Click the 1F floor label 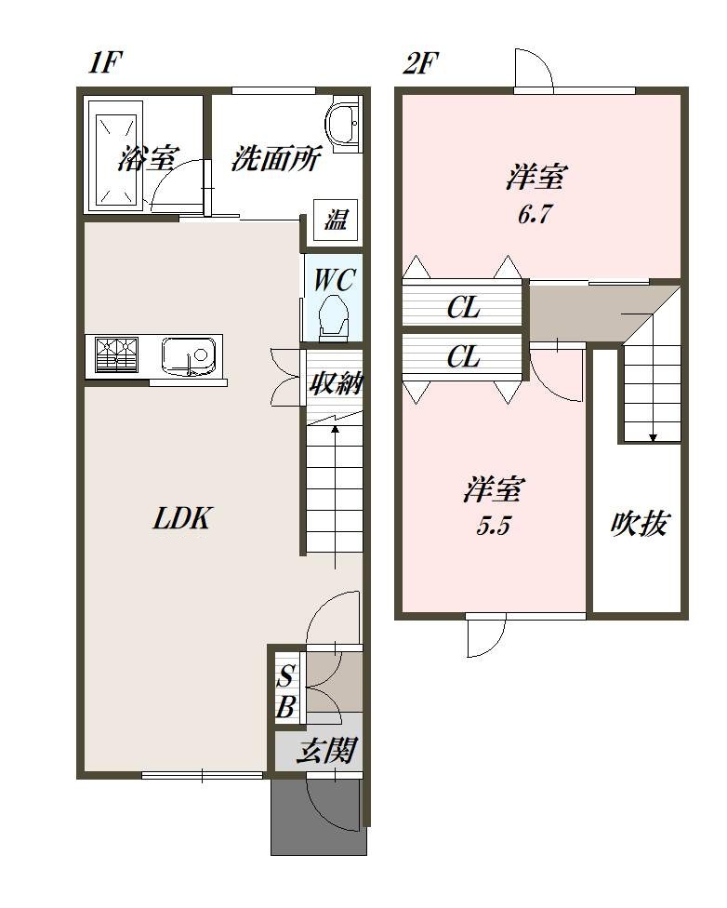[x=105, y=62]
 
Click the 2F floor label [x=420, y=62]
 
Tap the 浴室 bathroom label [x=148, y=157]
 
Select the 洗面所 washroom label [x=275, y=157]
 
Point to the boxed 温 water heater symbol [x=336, y=220]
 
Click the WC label [x=334, y=281]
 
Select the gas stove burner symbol [x=117, y=354]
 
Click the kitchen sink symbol [x=188, y=354]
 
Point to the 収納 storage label [x=335, y=382]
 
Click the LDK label [x=182, y=518]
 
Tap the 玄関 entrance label [x=325, y=751]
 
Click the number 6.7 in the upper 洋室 [x=534, y=215]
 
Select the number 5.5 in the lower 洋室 [x=493, y=527]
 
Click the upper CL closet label [x=463, y=308]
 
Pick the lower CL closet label [x=463, y=357]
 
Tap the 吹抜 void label [x=639, y=524]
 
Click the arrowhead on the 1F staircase [x=335, y=429]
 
